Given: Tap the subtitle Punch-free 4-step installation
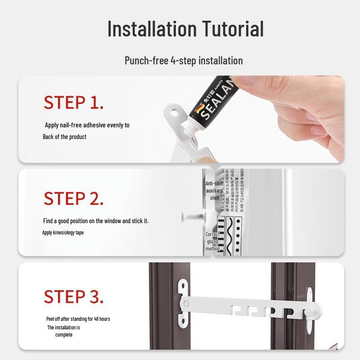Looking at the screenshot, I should click(x=184, y=61).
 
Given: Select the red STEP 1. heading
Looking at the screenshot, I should click(x=74, y=103).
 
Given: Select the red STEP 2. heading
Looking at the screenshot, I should click(x=74, y=198).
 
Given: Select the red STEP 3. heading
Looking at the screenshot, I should click(x=74, y=297).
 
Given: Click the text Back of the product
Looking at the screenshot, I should click(x=64, y=137).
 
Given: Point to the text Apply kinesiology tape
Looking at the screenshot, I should click(x=63, y=233).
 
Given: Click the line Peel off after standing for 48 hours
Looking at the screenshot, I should click(x=78, y=319).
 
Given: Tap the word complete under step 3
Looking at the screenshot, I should click(x=64, y=335).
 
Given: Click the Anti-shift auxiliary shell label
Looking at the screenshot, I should click(x=214, y=191).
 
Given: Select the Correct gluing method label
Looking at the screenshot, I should click(x=213, y=242).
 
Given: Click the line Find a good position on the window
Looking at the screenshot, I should click(x=95, y=221).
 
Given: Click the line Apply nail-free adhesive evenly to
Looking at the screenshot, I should click(x=87, y=125).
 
